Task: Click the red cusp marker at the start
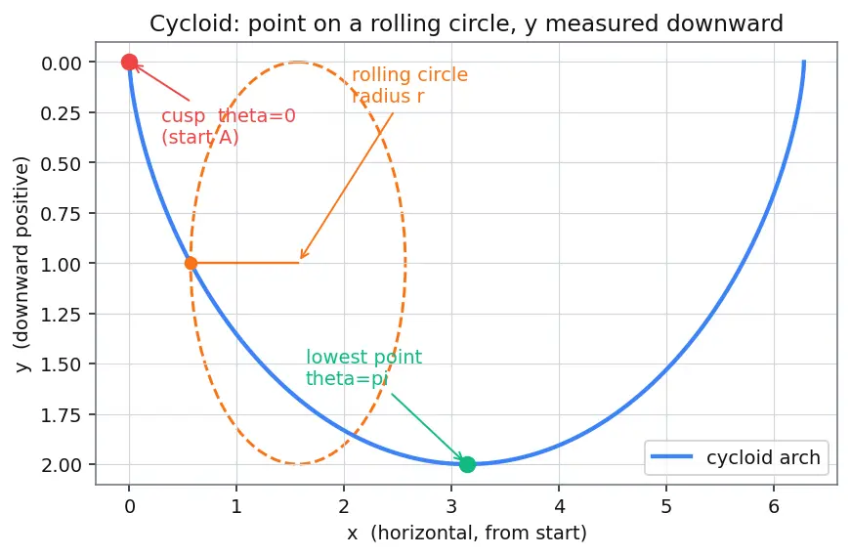(129, 63)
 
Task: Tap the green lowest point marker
(467, 464)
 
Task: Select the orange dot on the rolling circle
(191, 263)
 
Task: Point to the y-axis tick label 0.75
(62, 214)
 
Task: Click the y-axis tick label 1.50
(62, 364)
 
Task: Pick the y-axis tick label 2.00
(62, 465)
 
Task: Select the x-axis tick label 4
(559, 506)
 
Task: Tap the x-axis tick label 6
(774, 506)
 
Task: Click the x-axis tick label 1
(236, 506)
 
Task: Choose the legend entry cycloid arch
(763, 457)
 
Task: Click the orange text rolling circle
(409, 74)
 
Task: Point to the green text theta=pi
(347, 378)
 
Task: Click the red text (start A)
(200, 137)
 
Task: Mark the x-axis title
(467, 534)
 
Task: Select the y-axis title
(21, 264)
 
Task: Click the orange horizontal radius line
(245, 263)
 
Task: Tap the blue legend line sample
(672, 456)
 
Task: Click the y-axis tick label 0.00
(62, 64)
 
